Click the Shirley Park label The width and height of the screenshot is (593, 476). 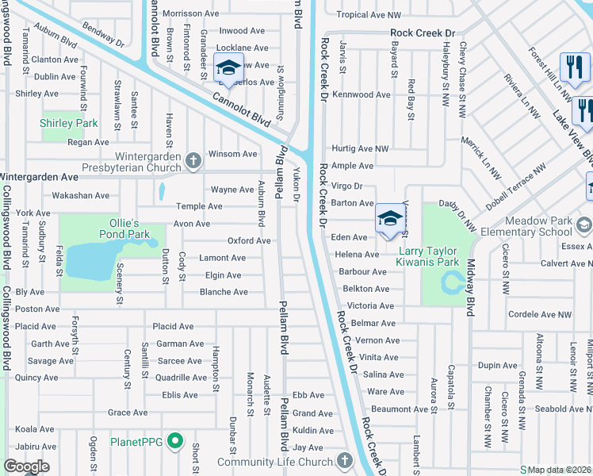(69, 123)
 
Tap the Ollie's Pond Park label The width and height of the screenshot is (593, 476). (124, 229)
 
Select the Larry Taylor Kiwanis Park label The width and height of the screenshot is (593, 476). (427, 256)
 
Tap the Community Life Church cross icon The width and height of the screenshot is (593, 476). (344, 460)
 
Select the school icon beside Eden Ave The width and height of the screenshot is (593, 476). (389, 218)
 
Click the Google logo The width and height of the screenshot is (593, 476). (27, 466)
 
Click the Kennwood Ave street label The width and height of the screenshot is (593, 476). (362, 94)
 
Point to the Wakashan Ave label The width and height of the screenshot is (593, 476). (80, 195)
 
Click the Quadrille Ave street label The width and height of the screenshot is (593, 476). (181, 378)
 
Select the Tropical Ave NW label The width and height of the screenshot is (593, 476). (369, 14)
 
